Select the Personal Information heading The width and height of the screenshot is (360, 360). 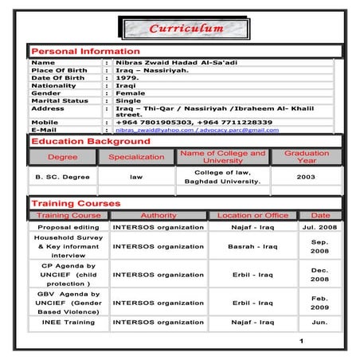[x=85, y=51]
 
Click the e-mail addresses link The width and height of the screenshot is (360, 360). [x=197, y=130]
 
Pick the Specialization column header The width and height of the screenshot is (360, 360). [x=136, y=157]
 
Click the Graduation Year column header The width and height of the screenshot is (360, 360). [x=307, y=157]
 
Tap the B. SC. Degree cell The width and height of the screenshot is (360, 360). [x=62, y=177]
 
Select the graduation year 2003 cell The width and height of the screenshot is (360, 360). [x=306, y=177]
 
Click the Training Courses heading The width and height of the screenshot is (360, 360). [x=76, y=204]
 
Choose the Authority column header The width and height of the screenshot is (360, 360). [x=158, y=216]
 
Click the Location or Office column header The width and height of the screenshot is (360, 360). [x=253, y=216]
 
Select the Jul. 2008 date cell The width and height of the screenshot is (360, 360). [x=319, y=227]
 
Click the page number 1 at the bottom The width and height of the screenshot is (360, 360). [x=302, y=342]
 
